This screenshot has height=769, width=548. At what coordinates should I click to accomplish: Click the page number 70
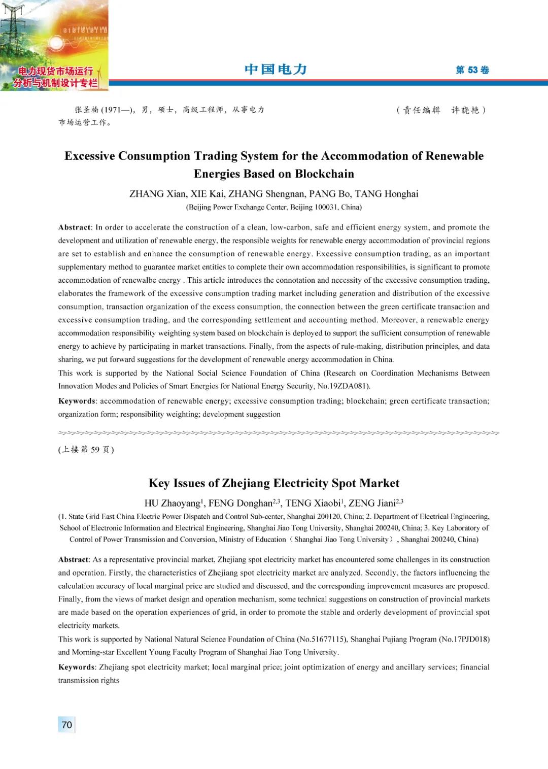click(x=67, y=724)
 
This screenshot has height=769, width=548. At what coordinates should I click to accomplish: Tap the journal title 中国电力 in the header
click(x=276, y=70)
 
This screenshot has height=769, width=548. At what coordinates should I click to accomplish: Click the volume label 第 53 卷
click(x=472, y=70)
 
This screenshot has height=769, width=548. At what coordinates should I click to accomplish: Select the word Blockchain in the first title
click(x=324, y=174)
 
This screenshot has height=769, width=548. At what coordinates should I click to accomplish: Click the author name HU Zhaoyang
click(x=173, y=503)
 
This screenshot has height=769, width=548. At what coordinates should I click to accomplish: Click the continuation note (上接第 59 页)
click(x=86, y=449)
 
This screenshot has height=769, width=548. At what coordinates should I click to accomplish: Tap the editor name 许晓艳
click(x=465, y=110)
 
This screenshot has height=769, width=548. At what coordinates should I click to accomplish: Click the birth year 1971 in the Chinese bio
click(x=112, y=110)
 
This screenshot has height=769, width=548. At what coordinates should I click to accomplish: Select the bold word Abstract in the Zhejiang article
click(x=74, y=559)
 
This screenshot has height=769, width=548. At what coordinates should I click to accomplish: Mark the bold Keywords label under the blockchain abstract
click(x=77, y=401)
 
